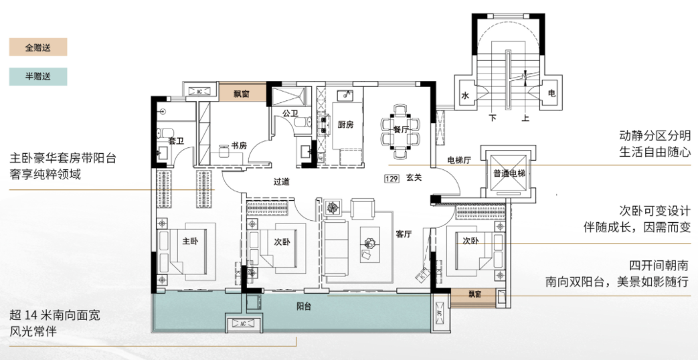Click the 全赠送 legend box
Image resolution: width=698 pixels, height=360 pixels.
[x=38, y=47]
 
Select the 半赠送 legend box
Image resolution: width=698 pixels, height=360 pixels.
[x=38, y=76]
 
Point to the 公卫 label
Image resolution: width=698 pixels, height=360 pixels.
[x=290, y=113]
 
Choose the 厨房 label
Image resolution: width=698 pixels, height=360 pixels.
[x=345, y=125]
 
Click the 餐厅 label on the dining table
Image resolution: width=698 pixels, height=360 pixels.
[x=401, y=130]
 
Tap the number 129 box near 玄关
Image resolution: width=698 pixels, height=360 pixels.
[x=391, y=179]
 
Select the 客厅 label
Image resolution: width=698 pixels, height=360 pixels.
[x=404, y=234]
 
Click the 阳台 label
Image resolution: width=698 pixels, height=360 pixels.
[x=304, y=306]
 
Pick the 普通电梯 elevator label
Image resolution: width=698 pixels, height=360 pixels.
[x=509, y=173]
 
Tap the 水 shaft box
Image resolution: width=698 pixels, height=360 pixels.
[x=466, y=95]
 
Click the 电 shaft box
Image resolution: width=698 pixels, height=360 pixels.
[x=551, y=94]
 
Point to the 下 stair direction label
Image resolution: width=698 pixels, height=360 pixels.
[x=493, y=118]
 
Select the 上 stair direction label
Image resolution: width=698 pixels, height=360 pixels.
[x=526, y=118]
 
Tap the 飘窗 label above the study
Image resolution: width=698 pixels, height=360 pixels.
[x=242, y=94]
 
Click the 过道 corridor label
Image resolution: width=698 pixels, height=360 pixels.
[x=281, y=181]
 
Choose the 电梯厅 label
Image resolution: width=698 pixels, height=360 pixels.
[x=459, y=160]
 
